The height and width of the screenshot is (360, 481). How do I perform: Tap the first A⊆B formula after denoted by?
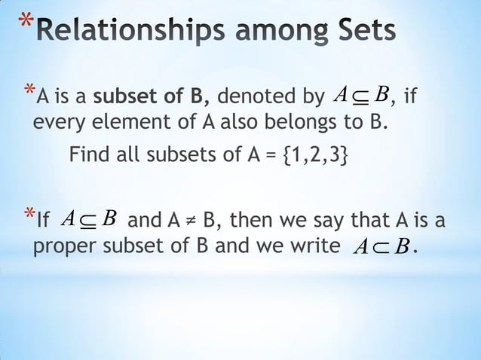click(361, 96)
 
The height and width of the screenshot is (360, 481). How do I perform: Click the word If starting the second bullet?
click(43, 221)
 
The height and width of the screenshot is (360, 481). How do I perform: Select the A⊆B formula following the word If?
click(88, 219)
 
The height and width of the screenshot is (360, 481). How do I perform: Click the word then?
click(254, 221)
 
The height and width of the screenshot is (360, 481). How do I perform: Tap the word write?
click(310, 247)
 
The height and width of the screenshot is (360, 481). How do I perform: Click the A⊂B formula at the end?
click(380, 248)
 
